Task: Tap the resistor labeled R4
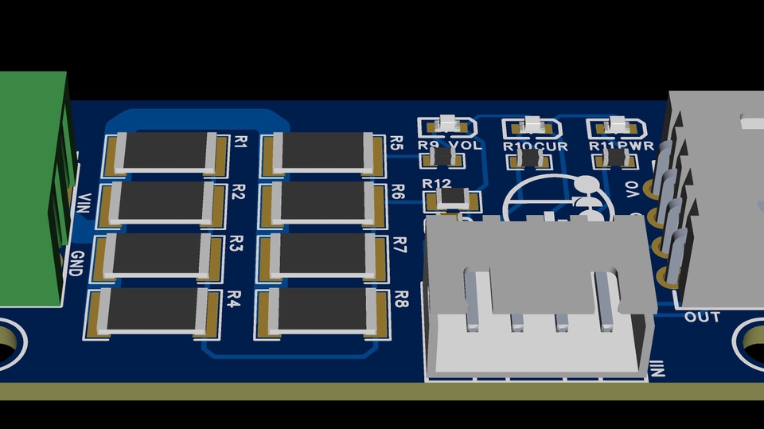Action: point(153,310)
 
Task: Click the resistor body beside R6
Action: point(322,201)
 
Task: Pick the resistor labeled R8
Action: point(322,310)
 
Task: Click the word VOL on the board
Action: point(466,146)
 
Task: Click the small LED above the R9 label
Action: point(447,124)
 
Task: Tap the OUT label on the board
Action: point(702,317)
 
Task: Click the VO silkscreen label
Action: point(633,189)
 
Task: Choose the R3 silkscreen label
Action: point(236,244)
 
